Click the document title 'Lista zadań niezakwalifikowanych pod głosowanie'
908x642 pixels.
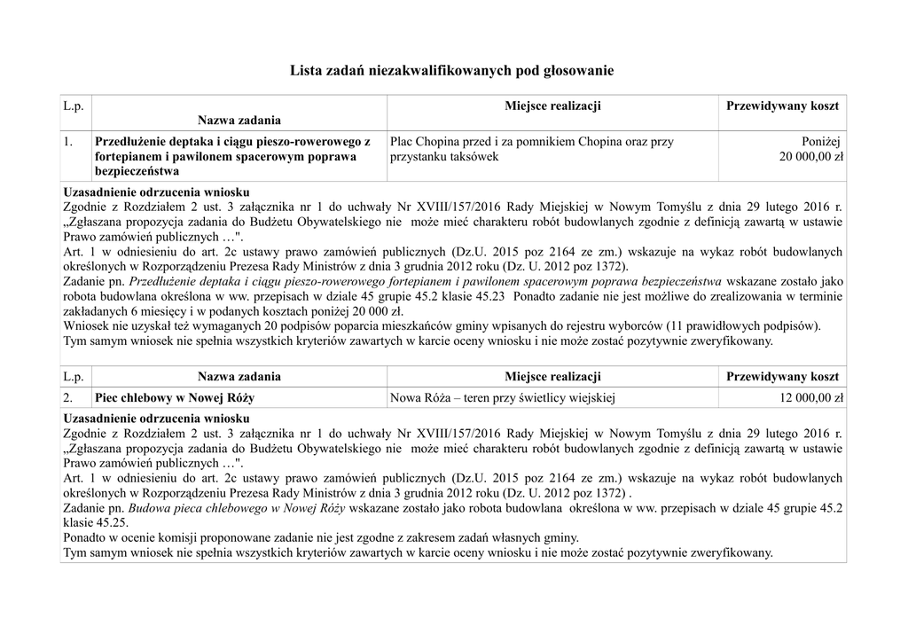coord(452,69)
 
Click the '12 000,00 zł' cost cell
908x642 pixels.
coord(811,398)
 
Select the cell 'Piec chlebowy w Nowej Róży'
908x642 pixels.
coord(175,398)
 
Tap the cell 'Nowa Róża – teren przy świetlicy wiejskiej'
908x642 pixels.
coord(503,398)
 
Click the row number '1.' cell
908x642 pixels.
coord(68,142)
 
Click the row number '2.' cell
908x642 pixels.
coord(68,398)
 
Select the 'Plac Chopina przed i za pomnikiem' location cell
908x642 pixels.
coord(532,149)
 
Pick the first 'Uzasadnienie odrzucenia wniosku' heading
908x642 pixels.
coord(157,191)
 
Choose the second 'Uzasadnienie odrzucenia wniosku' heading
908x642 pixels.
coord(157,418)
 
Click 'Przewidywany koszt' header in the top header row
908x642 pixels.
coord(782,106)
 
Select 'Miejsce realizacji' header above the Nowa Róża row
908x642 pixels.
coord(552,377)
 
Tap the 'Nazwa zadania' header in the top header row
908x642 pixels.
coord(239,120)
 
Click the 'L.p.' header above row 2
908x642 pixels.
coord(73,377)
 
